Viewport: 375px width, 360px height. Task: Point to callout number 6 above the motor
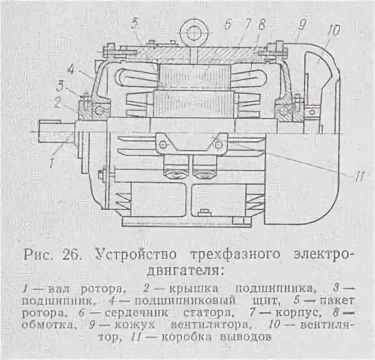pyautogui.click(x=227, y=24)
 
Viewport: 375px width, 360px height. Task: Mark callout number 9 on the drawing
pyautogui.click(x=301, y=26)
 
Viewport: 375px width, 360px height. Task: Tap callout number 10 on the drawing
pyautogui.click(x=331, y=29)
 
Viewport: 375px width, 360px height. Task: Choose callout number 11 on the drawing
pyautogui.click(x=358, y=176)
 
